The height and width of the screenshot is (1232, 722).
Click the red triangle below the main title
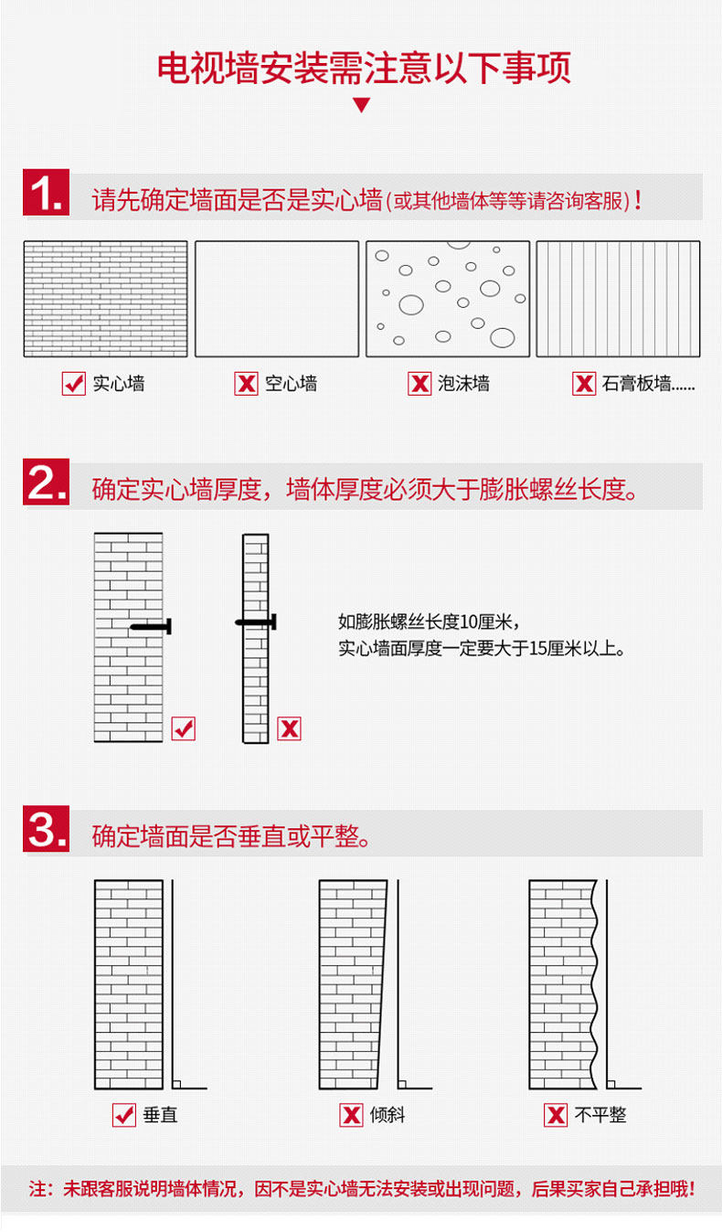(x=361, y=105)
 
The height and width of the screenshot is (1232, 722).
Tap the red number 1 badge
(x=46, y=195)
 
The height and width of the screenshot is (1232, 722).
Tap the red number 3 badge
(x=46, y=831)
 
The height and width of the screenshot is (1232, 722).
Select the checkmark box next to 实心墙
(x=73, y=384)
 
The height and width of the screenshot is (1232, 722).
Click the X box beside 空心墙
(x=246, y=384)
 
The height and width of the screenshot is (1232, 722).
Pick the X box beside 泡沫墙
(x=419, y=384)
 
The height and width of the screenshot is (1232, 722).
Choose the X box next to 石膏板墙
(x=584, y=384)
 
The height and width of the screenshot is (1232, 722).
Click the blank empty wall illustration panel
(x=276, y=299)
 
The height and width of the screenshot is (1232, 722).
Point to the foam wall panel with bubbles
(x=448, y=299)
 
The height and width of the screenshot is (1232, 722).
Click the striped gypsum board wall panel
(x=618, y=299)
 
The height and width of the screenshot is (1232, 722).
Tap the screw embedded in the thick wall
(x=151, y=626)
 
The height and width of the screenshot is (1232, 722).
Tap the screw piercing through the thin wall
(x=256, y=622)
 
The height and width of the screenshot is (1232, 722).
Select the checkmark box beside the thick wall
(x=184, y=728)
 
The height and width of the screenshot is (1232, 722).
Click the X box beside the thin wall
(x=289, y=728)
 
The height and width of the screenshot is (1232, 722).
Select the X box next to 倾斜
(x=351, y=1115)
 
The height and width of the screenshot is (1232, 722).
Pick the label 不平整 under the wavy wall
(x=600, y=1115)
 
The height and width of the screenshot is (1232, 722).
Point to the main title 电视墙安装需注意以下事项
(x=363, y=69)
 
